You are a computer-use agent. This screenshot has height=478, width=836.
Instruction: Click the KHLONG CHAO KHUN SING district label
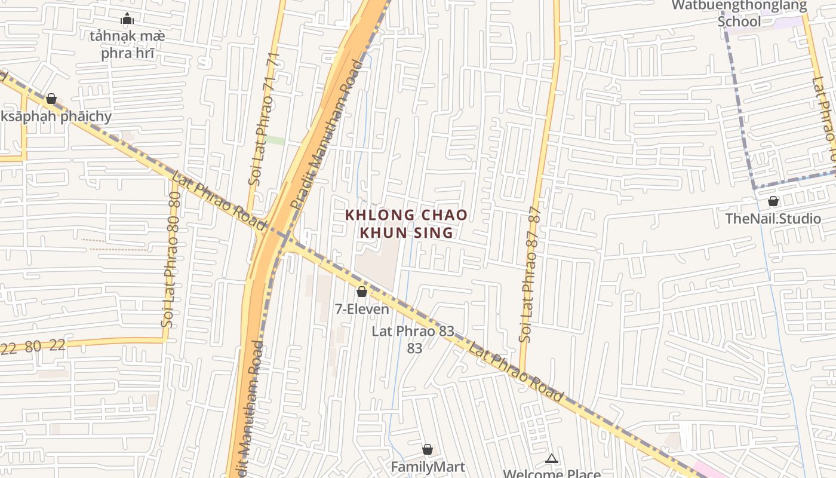(406, 223)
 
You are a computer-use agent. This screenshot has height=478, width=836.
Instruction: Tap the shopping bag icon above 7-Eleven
(361, 292)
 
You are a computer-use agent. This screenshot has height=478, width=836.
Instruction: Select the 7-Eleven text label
(362, 310)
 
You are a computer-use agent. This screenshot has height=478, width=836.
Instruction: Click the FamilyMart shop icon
(428, 449)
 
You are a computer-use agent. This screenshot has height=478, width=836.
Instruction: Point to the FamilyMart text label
(428, 467)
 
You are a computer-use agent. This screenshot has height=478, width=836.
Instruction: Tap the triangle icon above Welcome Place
(552, 459)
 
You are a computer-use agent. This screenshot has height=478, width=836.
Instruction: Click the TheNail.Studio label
(773, 219)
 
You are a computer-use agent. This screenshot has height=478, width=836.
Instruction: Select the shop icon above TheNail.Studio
(773, 201)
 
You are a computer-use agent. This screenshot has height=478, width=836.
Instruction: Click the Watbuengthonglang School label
(739, 14)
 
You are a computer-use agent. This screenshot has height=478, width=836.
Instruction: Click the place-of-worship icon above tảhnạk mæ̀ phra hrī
(127, 19)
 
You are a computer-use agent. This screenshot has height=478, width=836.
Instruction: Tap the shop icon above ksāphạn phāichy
(51, 99)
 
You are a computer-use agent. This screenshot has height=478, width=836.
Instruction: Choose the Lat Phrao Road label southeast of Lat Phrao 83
(515, 372)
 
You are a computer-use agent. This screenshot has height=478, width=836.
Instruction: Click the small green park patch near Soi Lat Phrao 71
(275, 140)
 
